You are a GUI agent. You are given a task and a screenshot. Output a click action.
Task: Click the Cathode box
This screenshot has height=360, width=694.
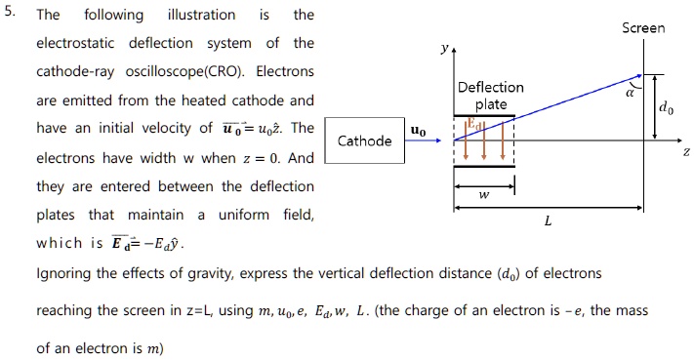point(364,141)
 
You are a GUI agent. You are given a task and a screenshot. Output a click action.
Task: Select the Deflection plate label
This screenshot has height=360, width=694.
point(490,96)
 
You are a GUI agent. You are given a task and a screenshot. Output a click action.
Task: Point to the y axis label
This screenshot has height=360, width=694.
point(444,47)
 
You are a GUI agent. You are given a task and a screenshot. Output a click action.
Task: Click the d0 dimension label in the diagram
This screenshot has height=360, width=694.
point(665,109)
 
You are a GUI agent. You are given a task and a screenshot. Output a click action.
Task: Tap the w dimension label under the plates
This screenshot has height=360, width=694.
point(484,195)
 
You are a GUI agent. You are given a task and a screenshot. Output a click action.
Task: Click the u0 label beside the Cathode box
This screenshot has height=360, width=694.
point(418,129)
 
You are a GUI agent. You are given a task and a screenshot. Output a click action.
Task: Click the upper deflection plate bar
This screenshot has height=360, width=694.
point(484,116)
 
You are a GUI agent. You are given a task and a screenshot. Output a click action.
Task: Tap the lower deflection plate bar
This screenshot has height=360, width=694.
point(484,165)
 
